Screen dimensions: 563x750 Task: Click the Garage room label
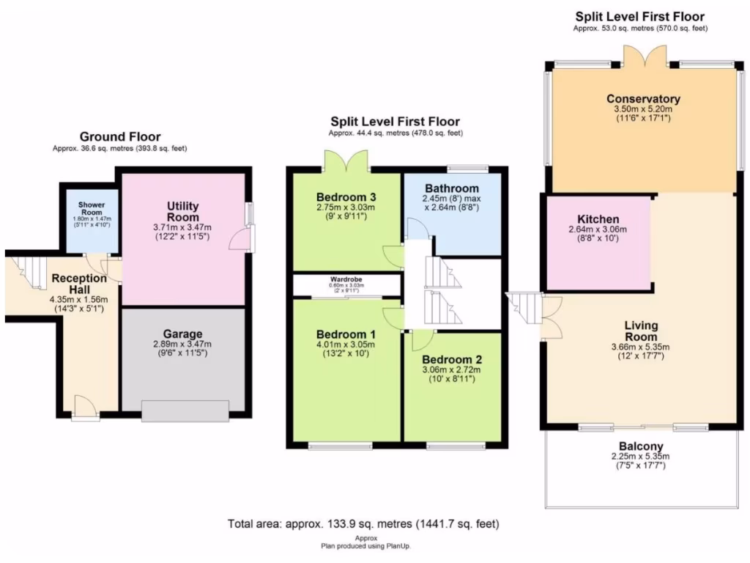183,334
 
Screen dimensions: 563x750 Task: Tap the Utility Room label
183,212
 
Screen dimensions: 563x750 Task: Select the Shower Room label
92,208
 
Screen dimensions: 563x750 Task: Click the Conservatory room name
643,99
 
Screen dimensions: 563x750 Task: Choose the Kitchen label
598,219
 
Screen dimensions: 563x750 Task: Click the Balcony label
641,446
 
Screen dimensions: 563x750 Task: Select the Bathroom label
452,188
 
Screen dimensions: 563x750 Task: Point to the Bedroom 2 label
452,359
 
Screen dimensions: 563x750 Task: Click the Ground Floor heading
120,136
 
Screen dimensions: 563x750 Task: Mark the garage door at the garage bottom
185,411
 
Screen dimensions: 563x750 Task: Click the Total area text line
363,524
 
